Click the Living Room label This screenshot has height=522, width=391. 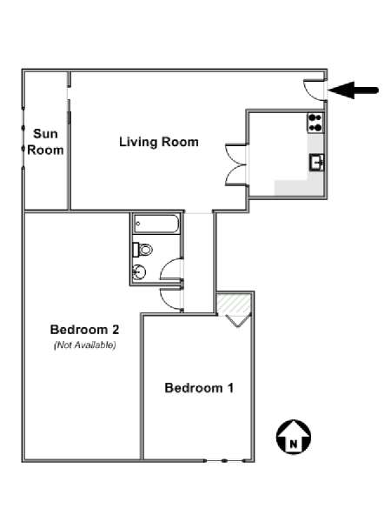coord(159,142)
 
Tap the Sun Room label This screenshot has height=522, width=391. coord(45,142)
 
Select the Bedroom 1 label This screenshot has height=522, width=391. coord(199,388)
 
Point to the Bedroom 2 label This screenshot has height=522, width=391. coord(84,330)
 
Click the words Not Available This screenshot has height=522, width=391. coord(85,345)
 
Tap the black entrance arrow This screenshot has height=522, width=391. coord(353,90)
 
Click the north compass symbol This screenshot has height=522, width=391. coord(294,437)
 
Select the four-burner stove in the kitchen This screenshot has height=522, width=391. coord(315,123)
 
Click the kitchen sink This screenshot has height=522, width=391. coord(317,163)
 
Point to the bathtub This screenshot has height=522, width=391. coord(156,224)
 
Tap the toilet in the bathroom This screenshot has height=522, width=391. coord(142,250)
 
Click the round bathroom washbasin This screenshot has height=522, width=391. coord(139,272)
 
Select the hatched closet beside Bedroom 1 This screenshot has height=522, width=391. coord(234,304)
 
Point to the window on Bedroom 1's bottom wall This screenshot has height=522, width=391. coord(225,461)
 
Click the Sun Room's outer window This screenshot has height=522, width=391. coord(23,138)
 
